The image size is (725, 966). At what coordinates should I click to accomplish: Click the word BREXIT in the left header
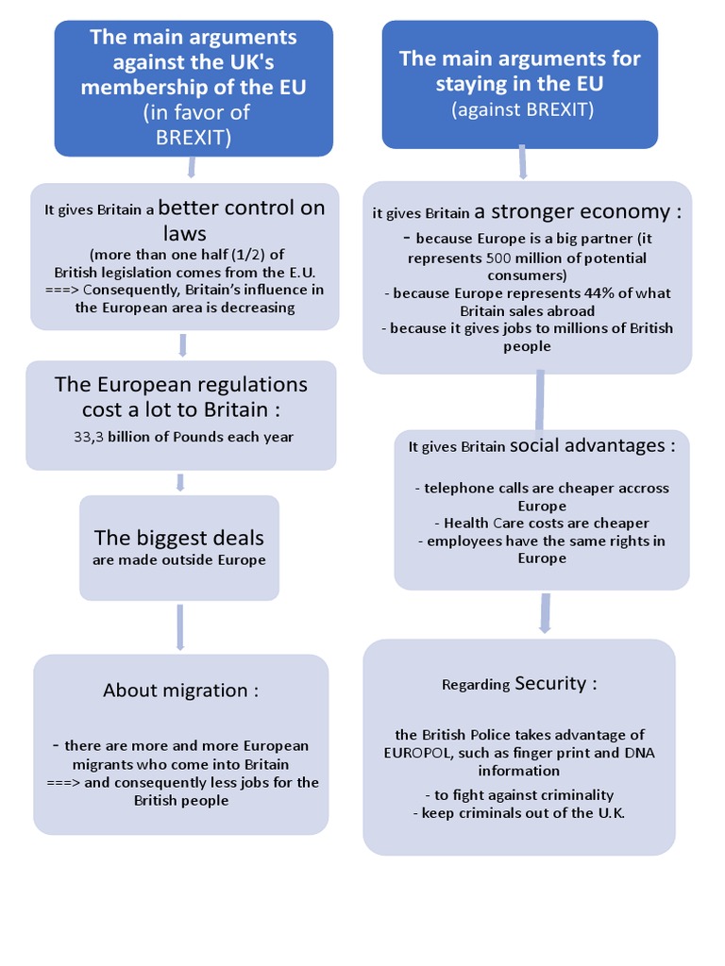click(x=194, y=137)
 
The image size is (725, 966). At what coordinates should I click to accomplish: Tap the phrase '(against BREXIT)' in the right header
click(x=522, y=109)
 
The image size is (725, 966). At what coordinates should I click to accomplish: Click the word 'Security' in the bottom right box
click(x=550, y=683)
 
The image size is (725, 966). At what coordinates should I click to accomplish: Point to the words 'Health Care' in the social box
click(x=480, y=524)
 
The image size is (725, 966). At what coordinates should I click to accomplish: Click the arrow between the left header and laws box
click(x=192, y=168)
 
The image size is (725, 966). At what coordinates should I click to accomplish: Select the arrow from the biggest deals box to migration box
click(x=179, y=627)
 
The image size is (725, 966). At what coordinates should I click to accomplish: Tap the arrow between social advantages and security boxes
click(x=545, y=613)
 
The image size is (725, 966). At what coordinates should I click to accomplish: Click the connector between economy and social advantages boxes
click(x=540, y=401)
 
